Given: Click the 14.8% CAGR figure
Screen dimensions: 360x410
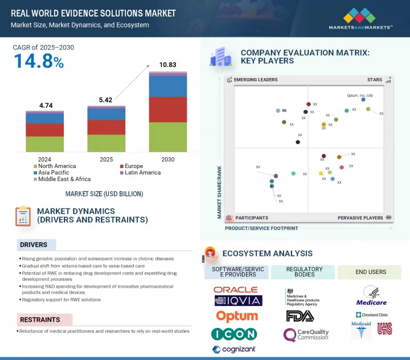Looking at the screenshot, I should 38,61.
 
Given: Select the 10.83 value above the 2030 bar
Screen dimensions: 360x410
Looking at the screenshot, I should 167,66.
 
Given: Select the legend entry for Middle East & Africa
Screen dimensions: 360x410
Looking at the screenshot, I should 64,179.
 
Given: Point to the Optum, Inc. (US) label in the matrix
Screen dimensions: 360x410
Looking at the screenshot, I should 360,95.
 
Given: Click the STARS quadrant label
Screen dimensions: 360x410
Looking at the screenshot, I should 374,80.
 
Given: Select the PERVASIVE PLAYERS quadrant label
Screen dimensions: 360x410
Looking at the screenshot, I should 360,218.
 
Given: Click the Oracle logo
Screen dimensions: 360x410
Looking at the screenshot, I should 235,290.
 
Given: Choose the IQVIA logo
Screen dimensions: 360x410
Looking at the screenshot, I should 237,301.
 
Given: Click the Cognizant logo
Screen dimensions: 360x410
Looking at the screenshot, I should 234,349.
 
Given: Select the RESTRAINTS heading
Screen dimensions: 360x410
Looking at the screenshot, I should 40,320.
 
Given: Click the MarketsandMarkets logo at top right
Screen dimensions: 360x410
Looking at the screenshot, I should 360,18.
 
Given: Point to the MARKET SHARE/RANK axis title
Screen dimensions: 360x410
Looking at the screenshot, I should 219,193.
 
